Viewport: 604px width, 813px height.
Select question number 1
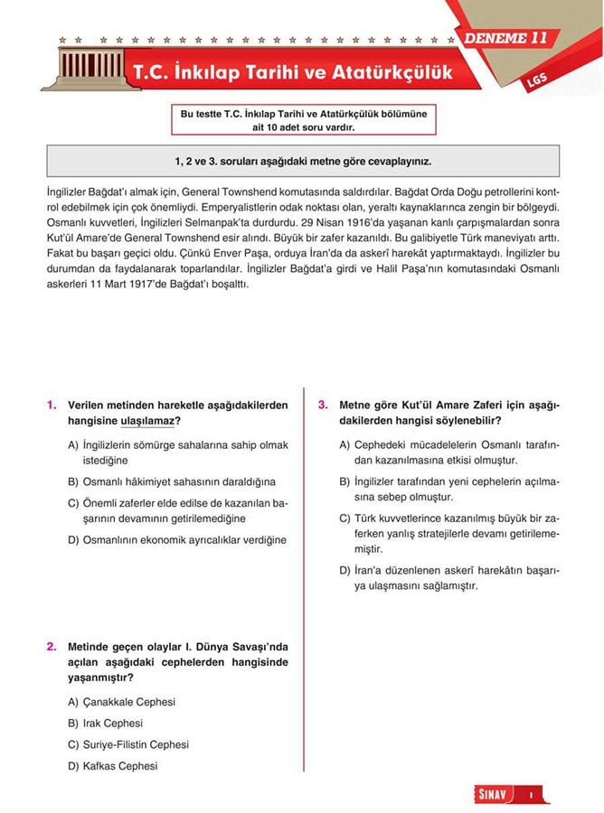(52, 406)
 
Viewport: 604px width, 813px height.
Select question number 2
(52, 647)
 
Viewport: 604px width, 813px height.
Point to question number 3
(323, 406)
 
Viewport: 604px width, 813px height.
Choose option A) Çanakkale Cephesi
(121, 702)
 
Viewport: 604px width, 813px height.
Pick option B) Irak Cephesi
(105, 724)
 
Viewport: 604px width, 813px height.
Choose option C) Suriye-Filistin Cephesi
(128, 745)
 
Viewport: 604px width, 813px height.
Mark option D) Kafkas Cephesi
(112, 766)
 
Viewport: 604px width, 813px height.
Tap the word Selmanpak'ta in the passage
(223, 222)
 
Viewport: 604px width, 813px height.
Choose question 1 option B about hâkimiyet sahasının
(172, 482)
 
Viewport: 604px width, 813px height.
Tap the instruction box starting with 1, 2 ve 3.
(303, 162)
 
